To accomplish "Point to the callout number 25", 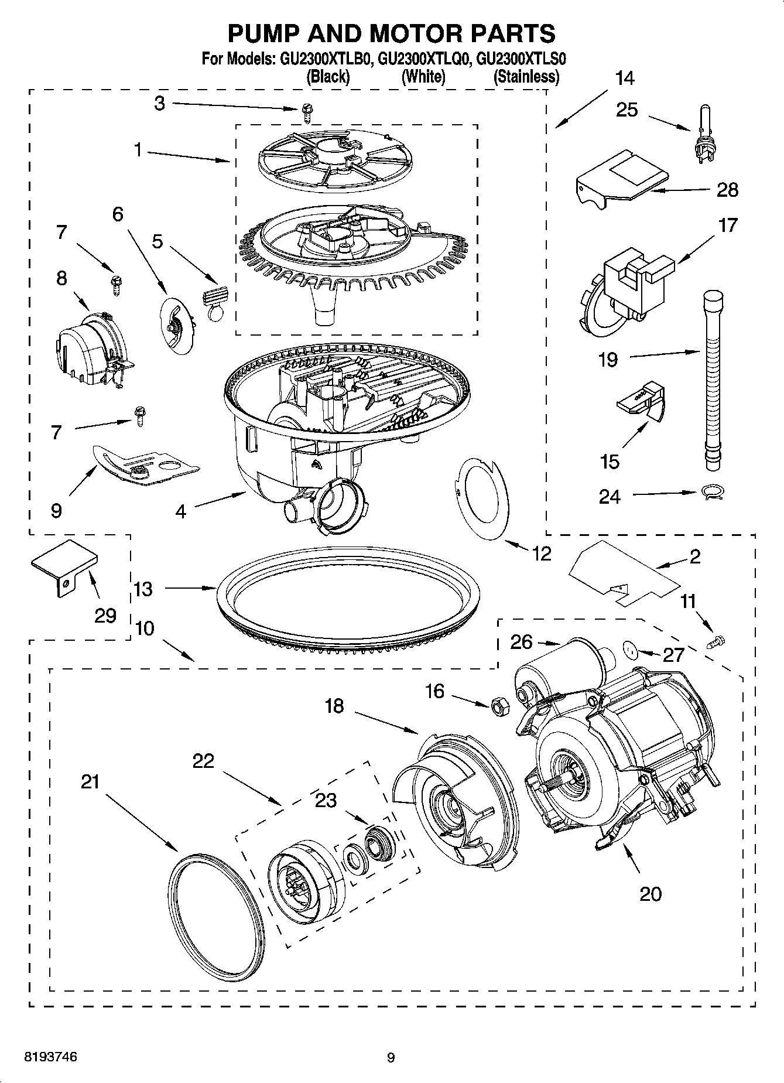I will pos(626,110).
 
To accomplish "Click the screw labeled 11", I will pos(717,642).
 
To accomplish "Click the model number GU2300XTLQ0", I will pos(424,59).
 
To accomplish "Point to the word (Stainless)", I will pos(526,76).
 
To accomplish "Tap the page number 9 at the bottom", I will pos(391,1058).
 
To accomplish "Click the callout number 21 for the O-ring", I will pos(90,782).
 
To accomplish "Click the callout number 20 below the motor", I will pos(651,893).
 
